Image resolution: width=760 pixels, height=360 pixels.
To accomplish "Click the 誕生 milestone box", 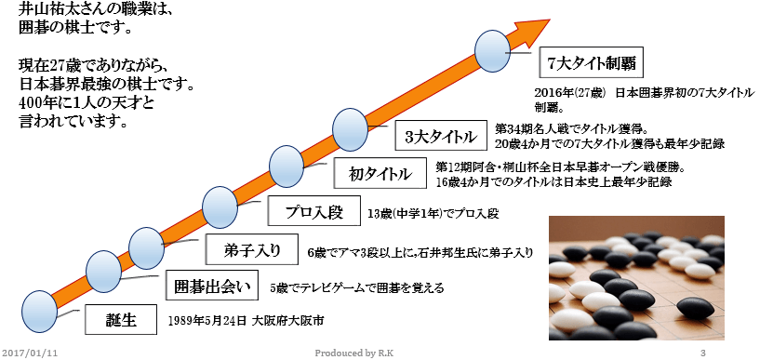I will coord(121,320).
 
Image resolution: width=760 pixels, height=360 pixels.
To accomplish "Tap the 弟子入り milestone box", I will coord(246,250).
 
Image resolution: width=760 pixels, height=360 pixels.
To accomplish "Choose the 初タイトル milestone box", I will coord(379,173).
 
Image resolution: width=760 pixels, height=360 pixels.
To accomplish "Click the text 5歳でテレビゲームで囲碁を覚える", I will coord(357,287).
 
